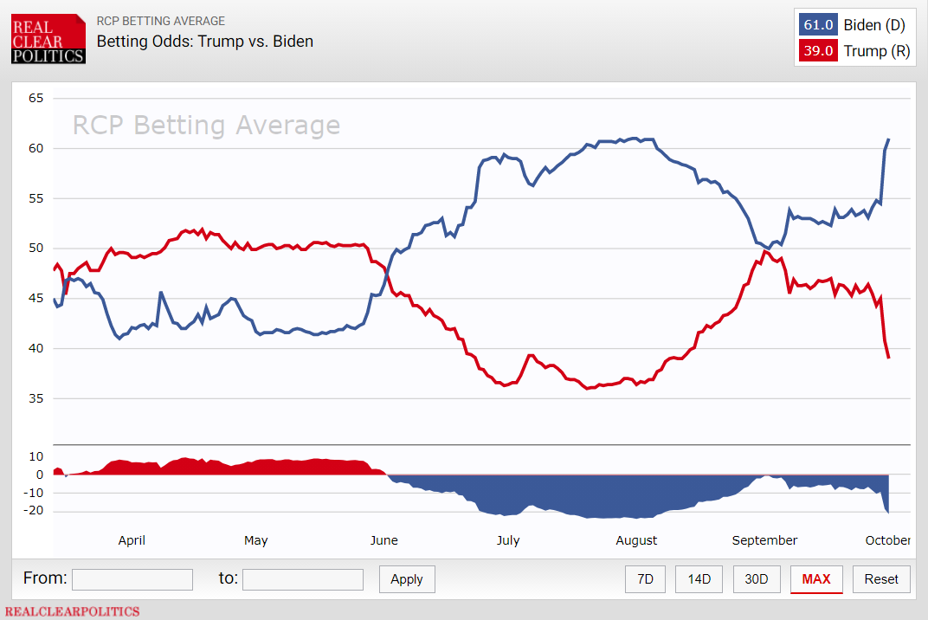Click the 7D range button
tap(645, 579)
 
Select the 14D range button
tap(698, 579)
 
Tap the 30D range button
tap(756, 579)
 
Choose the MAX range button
tap(816, 579)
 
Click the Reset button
tap(881, 579)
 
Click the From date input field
tap(132, 579)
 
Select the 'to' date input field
tap(303, 579)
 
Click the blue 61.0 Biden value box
tap(818, 25)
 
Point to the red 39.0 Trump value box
tap(818, 51)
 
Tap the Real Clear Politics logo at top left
tap(48, 39)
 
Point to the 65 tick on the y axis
tap(35, 98)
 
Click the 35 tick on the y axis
tap(35, 399)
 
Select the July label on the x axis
tap(508, 540)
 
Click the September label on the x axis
tap(764, 540)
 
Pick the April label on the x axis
tap(132, 540)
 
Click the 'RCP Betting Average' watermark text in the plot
tap(206, 126)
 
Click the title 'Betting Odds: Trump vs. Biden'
tap(204, 41)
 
